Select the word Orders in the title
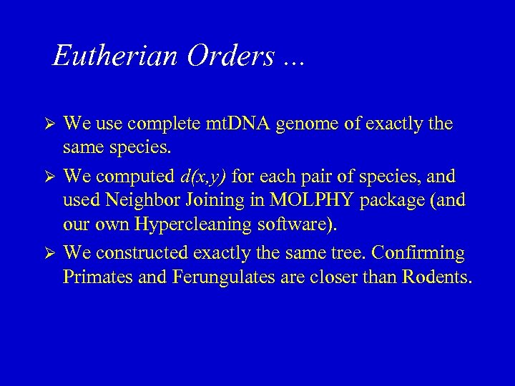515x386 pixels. [230, 56]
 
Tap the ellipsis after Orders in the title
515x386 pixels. [293, 61]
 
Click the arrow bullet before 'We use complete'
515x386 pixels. [49, 124]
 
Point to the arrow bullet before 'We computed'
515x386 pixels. [49, 176]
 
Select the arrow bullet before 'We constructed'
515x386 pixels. [49, 253]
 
